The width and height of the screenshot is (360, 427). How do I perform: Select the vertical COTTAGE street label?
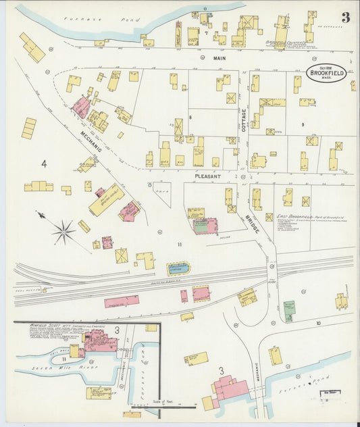(x=243, y=120)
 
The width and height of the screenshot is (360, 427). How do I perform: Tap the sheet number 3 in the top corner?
(x=345, y=18)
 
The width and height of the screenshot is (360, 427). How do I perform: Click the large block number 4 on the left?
(x=44, y=164)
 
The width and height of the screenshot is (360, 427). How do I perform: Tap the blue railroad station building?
(x=178, y=269)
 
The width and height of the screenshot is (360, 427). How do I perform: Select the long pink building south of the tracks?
(x=122, y=301)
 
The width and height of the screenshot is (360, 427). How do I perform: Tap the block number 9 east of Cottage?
(x=303, y=124)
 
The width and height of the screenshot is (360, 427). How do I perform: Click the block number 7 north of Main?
(x=197, y=32)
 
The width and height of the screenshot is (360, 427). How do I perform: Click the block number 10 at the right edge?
(x=317, y=323)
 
